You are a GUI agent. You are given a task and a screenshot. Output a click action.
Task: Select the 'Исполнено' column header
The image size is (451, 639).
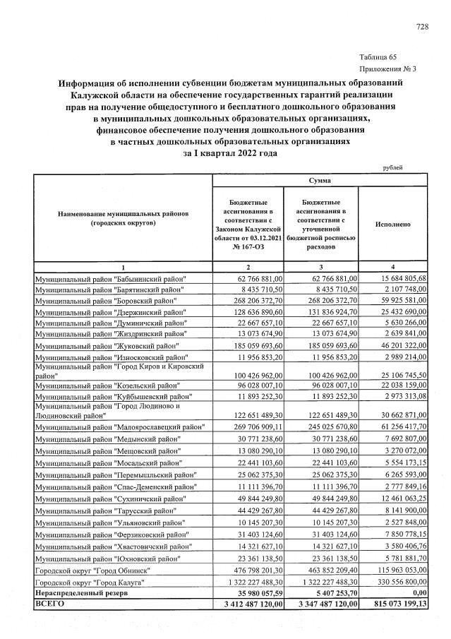click(x=394, y=224)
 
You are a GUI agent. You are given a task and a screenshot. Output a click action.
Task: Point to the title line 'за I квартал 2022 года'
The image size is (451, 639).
click(x=230, y=153)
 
